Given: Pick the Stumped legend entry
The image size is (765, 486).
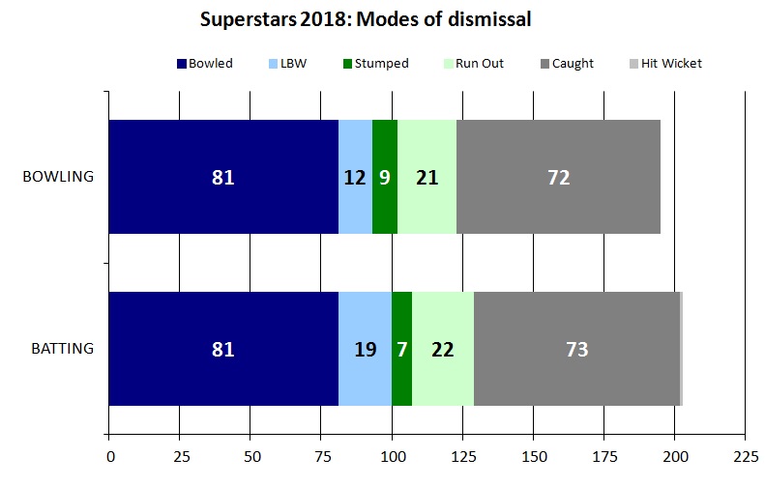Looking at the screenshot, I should pyautogui.click(x=375, y=64).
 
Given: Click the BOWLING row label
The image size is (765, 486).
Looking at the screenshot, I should pyautogui.click(x=58, y=178).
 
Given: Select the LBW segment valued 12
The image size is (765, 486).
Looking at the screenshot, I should pyautogui.click(x=355, y=178).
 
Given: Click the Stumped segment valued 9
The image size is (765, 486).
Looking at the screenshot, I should pyautogui.click(x=385, y=178).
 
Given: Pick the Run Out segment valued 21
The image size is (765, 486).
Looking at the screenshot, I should pyautogui.click(x=427, y=178).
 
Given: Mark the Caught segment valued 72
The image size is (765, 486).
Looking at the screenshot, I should pyautogui.click(x=558, y=178).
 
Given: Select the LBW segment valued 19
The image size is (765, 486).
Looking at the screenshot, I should pyautogui.click(x=365, y=349).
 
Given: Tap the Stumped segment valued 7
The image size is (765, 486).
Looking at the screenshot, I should pyautogui.click(x=401, y=349).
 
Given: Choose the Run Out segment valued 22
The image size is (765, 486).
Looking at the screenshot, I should pyautogui.click(x=443, y=349).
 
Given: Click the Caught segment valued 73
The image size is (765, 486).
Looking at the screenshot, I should pyautogui.click(x=576, y=349).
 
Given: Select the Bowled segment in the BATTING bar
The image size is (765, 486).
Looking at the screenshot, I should pyautogui.click(x=223, y=349).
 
